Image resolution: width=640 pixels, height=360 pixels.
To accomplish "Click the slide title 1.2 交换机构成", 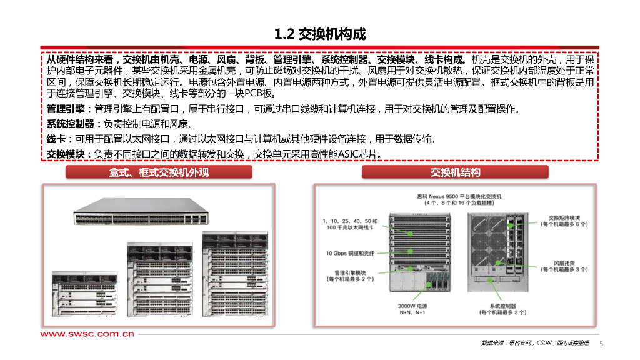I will [320, 34].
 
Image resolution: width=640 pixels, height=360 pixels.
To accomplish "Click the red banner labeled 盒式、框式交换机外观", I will [159, 172].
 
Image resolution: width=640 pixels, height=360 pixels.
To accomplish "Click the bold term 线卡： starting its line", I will [60, 139].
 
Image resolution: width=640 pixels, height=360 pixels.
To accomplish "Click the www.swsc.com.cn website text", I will [87, 334].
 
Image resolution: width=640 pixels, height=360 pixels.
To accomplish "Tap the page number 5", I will [602, 344].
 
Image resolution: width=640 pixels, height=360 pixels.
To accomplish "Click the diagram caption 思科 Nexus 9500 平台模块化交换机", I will [459, 196].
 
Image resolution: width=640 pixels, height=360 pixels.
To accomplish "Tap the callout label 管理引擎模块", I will [350, 272].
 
